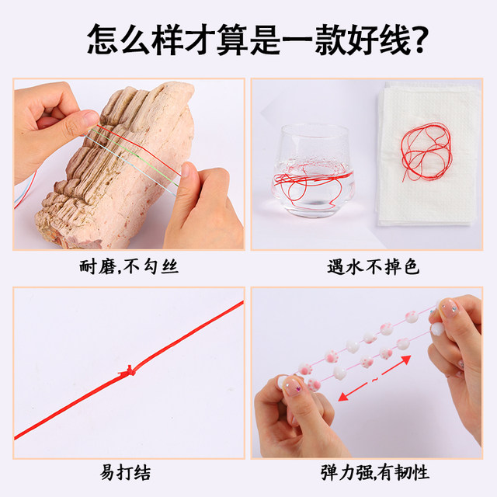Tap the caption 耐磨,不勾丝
point(130,268)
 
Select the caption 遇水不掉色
point(372,268)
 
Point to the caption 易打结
point(130,473)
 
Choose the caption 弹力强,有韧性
point(372,473)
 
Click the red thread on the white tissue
point(426,148)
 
